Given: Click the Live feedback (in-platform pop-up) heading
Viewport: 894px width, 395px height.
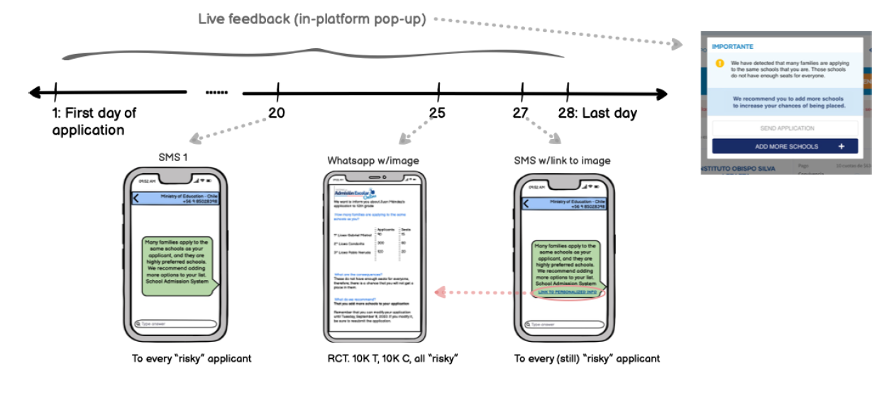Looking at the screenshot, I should click(312, 19).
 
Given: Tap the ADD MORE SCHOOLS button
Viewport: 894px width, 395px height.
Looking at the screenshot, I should click(785, 146).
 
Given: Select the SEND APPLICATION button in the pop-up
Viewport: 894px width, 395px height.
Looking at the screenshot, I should click(785, 128).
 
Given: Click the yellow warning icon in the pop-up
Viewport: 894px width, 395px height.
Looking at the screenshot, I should click(719, 63).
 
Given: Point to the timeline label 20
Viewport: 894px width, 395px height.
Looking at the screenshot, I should click(277, 113).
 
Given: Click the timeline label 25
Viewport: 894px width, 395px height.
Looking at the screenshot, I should click(437, 113).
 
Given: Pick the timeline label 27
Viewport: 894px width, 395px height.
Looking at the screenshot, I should click(521, 113).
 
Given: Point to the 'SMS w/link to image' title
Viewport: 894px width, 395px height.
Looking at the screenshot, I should click(562, 161).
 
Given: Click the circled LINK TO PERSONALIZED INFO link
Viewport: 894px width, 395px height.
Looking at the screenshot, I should click(571, 292).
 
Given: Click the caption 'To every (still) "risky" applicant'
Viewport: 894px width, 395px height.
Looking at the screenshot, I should click(587, 359).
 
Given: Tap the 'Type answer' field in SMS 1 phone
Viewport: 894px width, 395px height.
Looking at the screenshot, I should click(175, 324).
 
